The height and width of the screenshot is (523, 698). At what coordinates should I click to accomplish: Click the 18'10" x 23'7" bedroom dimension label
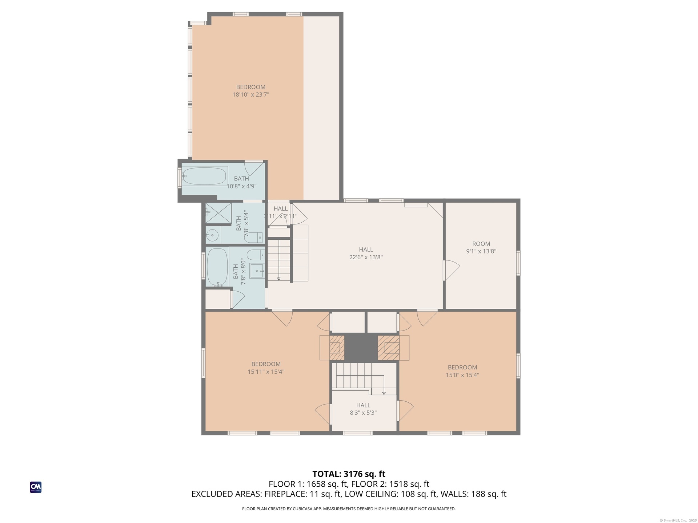[x=251, y=95]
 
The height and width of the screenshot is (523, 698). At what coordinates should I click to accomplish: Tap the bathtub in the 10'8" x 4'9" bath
[x=205, y=176]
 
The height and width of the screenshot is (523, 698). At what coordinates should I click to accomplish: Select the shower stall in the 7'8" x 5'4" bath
[x=218, y=213]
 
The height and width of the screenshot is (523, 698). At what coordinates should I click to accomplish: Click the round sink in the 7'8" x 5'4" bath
[x=212, y=235]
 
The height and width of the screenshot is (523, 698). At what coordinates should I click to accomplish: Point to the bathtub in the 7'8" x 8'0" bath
[x=217, y=267]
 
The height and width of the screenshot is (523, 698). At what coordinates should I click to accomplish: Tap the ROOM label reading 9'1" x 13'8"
[x=481, y=247]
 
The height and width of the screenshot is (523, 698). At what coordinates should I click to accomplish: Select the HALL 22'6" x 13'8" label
[x=366, y=253]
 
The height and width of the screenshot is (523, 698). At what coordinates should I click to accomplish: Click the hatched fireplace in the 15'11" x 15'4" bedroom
[x=337, y=348]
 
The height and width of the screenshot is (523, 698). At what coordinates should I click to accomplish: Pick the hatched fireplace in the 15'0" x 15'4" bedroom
[x=389, y=348]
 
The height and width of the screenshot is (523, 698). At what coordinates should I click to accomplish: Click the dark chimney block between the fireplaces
[x=361, y=348]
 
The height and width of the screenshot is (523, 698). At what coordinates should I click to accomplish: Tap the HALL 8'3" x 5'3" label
[x=363, y=409]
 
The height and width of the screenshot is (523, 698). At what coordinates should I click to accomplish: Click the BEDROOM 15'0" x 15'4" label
[x=462, y=371]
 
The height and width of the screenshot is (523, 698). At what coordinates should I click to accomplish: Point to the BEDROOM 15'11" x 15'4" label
[x=266, y=368]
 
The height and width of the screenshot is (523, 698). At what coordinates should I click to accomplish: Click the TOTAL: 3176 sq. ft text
[x=349, y=474]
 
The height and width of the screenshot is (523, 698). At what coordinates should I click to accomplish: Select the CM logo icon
[x=36, y=487]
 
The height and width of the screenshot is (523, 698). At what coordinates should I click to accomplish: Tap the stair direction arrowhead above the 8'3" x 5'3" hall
[x=384, y=393]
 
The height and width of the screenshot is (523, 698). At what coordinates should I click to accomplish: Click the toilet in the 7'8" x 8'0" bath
[x=255, y=254]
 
